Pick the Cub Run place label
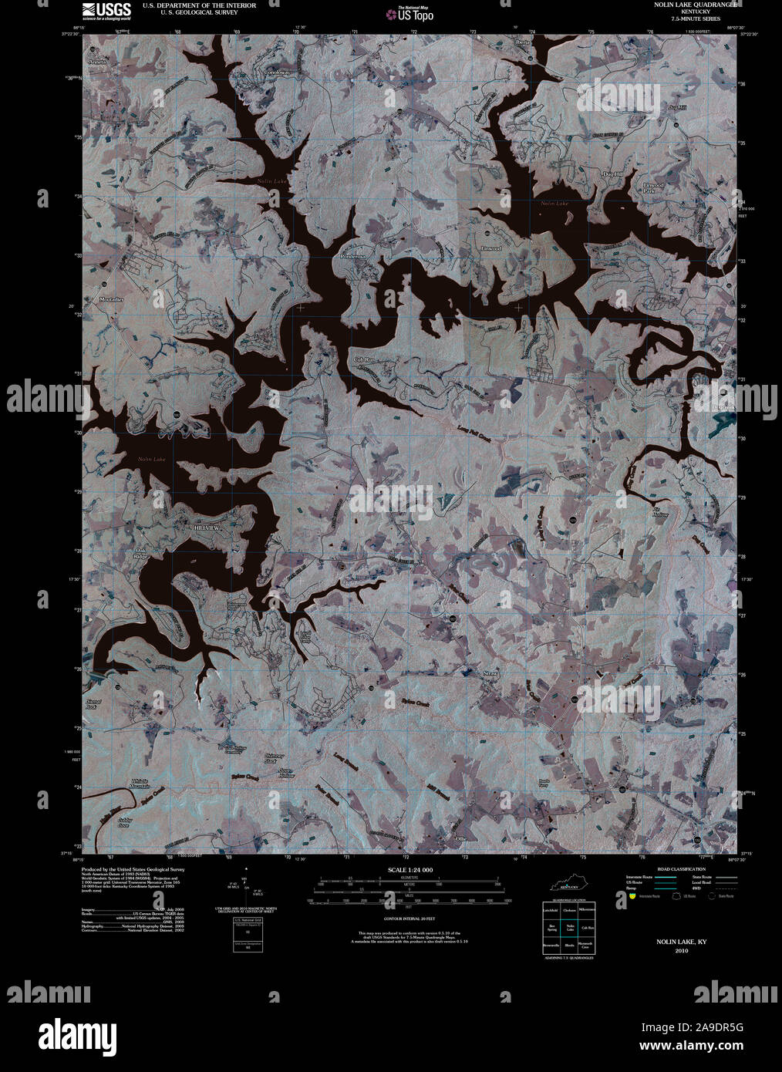pyautogui.click(x=362, y=360)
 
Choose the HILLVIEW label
pyautogui.click(x=203, y=525)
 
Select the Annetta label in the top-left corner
pyautogui.click(x=98, y=60)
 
